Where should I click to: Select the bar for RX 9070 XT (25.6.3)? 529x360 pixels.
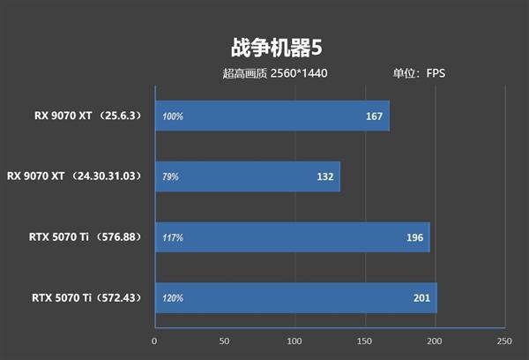pyautogui.click(x=272, y=116)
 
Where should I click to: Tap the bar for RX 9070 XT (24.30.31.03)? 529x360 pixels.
pyautogui.click(x=247, y=176)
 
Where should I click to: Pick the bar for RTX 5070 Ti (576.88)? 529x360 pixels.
pyautogui.click(x=292, y=236)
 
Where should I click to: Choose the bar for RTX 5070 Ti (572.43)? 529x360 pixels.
pyautogui.click(x=295, y=297)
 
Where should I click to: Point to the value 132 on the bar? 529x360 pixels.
pyautogui.click(x=324, y=176)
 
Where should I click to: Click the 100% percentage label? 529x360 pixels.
pyautogui.click(x=173, y=116)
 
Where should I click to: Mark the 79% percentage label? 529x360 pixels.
pyautogui.click(x=170, y=176)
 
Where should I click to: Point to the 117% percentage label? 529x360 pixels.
pyautogui.click(x=173, y=236)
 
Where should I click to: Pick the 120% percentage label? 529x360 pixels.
pyautogui.click(x=173, y=297)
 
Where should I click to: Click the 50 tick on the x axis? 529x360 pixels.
pyautogui.click(x=224, y=341)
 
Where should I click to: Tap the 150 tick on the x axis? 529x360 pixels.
pyautogui.click(x=364, y=341)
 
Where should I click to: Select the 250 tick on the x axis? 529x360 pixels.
pyautogui.click(x=503, y=341)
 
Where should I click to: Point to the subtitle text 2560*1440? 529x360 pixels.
pyautogui.click(x=300, y=73)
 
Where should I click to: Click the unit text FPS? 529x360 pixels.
pyautogui.click(x=436, y=73)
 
